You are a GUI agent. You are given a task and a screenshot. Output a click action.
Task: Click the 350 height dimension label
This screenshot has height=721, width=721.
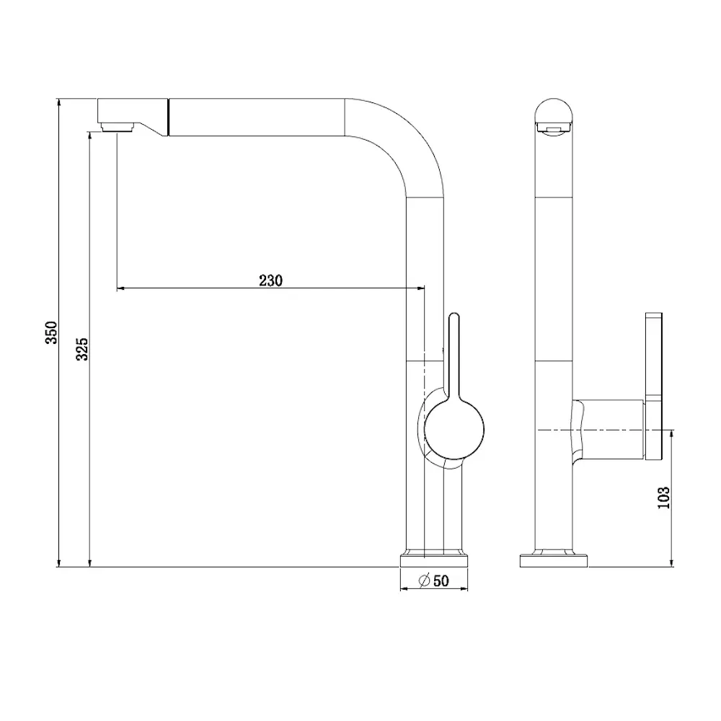point(51,332)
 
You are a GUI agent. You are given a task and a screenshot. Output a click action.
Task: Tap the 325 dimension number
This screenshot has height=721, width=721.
point(82,349)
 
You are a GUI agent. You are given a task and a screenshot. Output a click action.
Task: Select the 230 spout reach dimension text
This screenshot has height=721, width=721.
point(270,280)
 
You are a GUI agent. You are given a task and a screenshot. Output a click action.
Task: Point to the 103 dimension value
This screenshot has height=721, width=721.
point(663,497)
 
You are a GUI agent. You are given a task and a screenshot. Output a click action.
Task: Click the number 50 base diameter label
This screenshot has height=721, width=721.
point(441,580)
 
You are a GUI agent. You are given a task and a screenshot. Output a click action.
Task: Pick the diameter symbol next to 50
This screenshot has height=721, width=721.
point(424,580)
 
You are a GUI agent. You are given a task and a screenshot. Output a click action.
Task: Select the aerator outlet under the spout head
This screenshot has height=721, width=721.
point(118,126)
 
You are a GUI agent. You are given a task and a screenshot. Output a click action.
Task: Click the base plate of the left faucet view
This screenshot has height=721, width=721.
point(434,561)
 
